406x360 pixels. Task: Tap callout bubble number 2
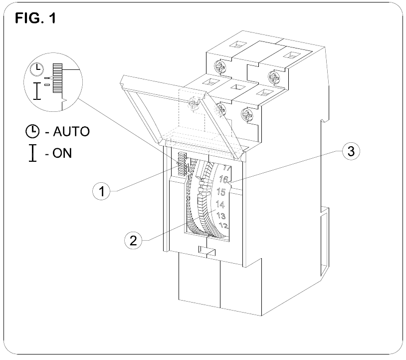pyautogui.click(x=132, y=241)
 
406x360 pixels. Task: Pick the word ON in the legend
pyautogui.click(x=62, y=153)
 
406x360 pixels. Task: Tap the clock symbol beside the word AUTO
pyautogui.click(x=32, y=132)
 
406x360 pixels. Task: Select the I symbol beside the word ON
pyautogui.click(x=32, y=152)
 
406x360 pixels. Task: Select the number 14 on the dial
pyautogui.click(x=220, y=205)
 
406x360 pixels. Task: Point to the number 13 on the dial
pyautogui.click(x=221, y=216)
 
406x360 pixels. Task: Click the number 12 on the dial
pyautogui.click(x=224, y=226)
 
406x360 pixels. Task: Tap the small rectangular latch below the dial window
pyautogui.click(x=206, y=250)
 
